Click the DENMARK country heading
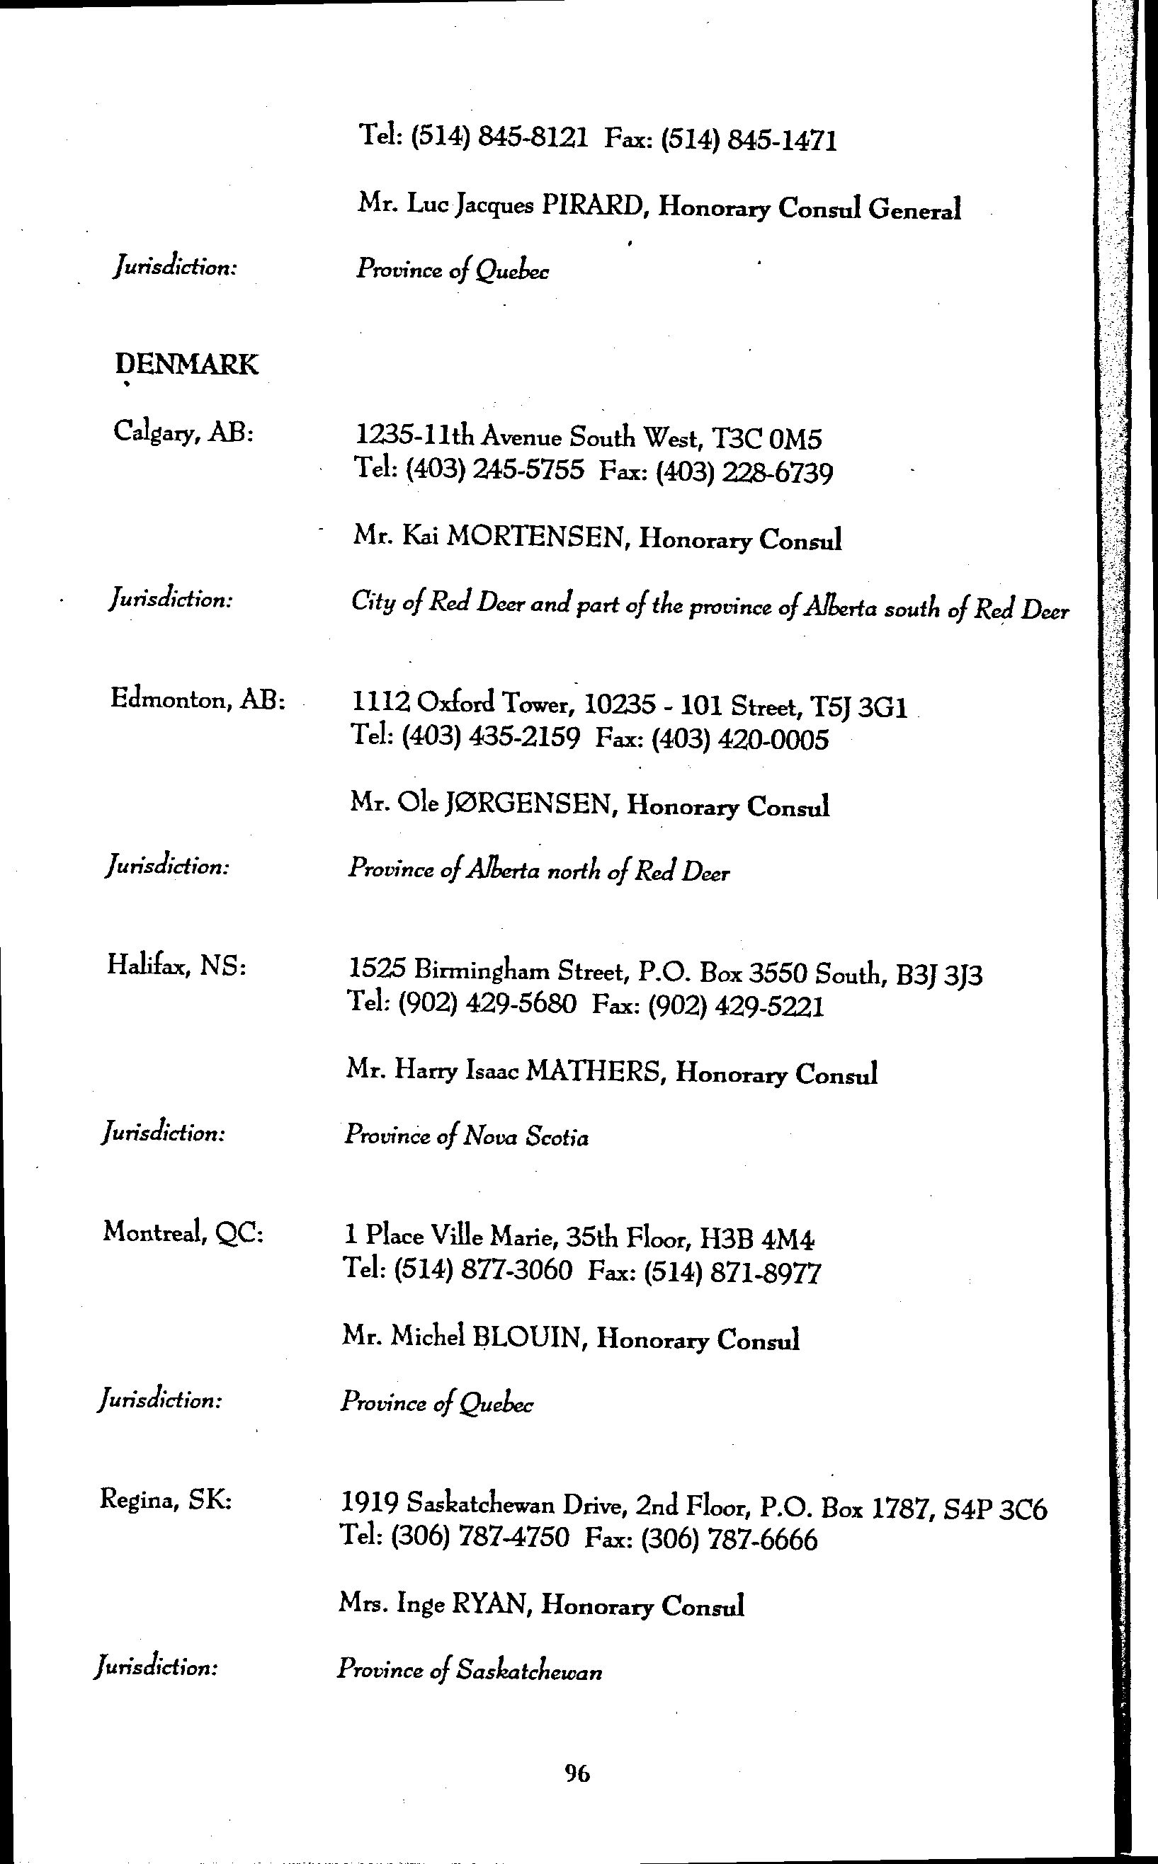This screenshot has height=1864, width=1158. [x=187, y=365]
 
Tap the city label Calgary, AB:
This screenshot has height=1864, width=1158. [x=183, y=433]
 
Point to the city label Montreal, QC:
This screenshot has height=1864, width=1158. [x=183, y=1233]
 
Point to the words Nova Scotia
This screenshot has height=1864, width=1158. [x=525, y=1137]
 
